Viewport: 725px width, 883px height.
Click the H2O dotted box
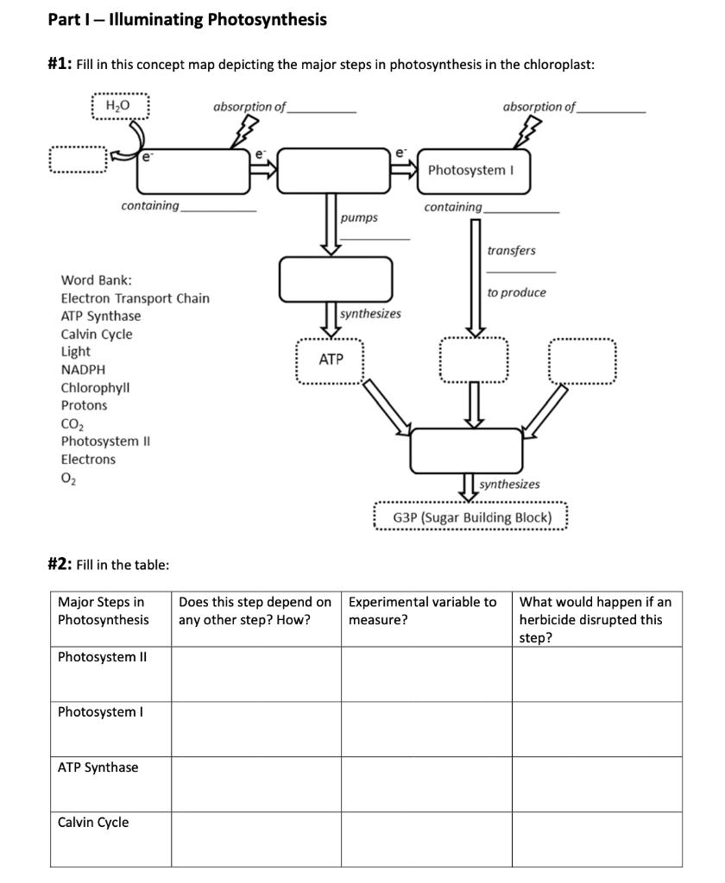click(121, 106)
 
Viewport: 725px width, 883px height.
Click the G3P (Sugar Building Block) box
click(471, 517)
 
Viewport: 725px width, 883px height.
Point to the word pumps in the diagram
click(358, 218)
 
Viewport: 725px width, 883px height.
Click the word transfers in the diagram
click(511, 251)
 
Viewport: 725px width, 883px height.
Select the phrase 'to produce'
click(516, 292)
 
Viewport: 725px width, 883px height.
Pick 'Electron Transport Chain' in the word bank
click(135, 298)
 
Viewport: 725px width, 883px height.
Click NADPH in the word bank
click(83, 370)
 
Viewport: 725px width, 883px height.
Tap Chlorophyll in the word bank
click(95, 387)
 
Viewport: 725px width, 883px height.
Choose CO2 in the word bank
click(72, 423)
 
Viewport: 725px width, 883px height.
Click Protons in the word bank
click(84, 405)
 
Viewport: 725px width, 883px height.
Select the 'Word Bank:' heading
click(96, 280)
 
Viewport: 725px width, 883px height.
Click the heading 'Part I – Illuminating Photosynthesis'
click(187, 19)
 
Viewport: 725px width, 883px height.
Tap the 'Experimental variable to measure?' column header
click(423, 611)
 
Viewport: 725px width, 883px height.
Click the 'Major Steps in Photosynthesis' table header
click(102, 611)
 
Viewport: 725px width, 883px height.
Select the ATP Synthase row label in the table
click(98, 767)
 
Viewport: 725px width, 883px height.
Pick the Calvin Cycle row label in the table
click(93, 823)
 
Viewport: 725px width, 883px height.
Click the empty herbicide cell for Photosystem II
click(596, 674)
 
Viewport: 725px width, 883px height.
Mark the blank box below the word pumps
click(336, 279)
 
